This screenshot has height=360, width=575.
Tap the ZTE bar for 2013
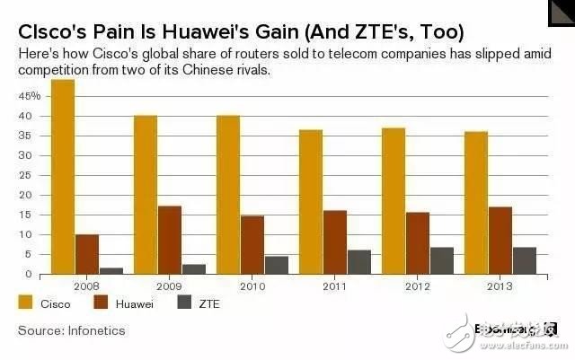526,260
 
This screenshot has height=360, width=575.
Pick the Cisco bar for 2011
311,202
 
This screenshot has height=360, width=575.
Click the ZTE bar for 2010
278,265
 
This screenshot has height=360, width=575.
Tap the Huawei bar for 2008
87,254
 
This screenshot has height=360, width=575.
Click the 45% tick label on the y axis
30,95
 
